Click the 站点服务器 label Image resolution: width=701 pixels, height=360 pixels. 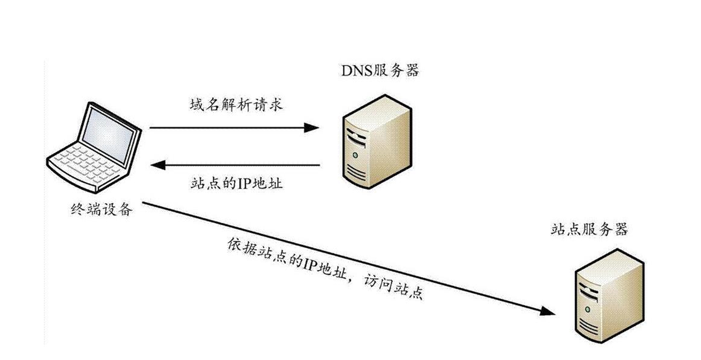coord(589,230)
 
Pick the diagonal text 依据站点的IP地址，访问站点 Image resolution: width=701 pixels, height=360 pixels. coord(325,271)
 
